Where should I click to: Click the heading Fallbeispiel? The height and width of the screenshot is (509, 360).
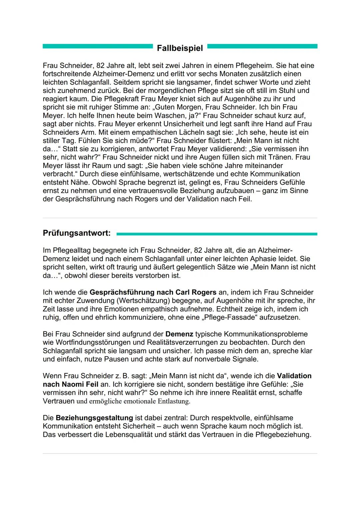[180, 48]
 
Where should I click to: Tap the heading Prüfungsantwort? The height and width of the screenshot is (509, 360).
[77, 233]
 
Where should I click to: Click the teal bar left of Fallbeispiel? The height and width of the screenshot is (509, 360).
[97, 46]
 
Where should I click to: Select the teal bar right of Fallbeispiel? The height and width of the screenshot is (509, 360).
[262, 46]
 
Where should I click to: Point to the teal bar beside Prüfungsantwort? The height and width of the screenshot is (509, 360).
[217, 234]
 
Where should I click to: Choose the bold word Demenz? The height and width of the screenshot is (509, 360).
[179, 334]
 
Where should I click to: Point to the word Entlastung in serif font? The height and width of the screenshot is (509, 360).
[173, 401]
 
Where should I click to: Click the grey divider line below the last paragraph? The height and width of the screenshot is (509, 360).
[180, 453]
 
